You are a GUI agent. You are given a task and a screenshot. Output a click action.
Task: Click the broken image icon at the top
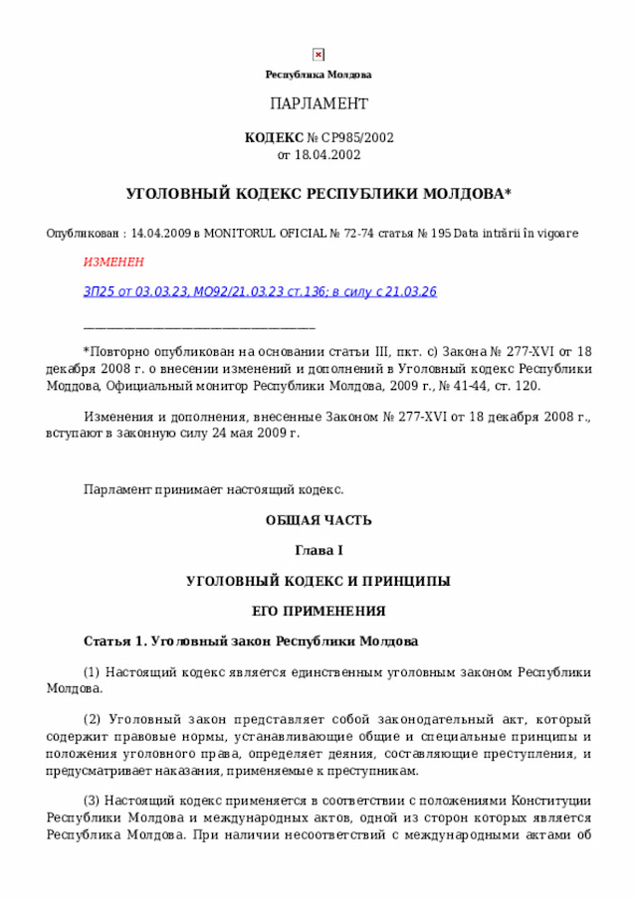tap(318, 55)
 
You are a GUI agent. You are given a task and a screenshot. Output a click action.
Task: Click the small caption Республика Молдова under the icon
tap(318, 76)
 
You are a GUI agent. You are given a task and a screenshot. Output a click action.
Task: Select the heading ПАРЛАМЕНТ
tap(318, 104)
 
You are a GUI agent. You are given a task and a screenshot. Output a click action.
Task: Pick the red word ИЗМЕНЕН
tap(112, 262)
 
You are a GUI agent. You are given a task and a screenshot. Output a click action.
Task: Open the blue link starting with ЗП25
tap(260, 291)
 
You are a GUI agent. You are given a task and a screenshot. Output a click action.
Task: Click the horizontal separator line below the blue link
tap(199, 325)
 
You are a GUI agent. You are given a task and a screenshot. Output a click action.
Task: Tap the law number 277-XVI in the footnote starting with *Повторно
tap(536, 351)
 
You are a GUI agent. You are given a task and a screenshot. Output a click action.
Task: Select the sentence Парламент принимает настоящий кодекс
tap(214, 489)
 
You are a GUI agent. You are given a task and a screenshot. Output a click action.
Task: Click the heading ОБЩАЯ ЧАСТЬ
tap(318, 521)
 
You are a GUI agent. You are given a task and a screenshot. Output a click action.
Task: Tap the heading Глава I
tap(318, 551)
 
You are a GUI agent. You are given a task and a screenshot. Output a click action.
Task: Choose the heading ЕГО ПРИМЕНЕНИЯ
tap(318, 611)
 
